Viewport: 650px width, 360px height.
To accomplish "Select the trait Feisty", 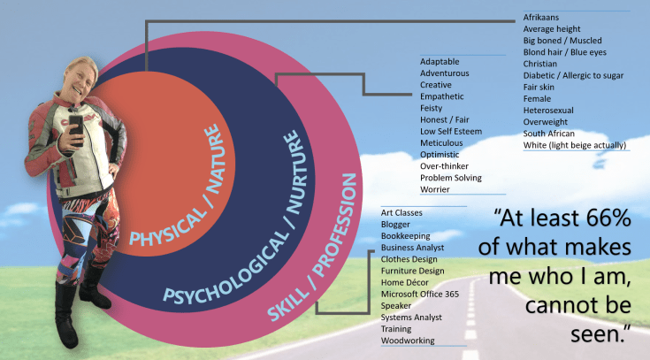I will click(432, 108).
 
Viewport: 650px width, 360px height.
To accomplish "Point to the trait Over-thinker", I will click(444, 165).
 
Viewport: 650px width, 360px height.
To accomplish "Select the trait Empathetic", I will click(443, 96).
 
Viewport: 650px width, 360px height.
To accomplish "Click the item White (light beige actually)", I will click(575, 144).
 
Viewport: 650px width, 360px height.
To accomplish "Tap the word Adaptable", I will click(440, 62).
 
